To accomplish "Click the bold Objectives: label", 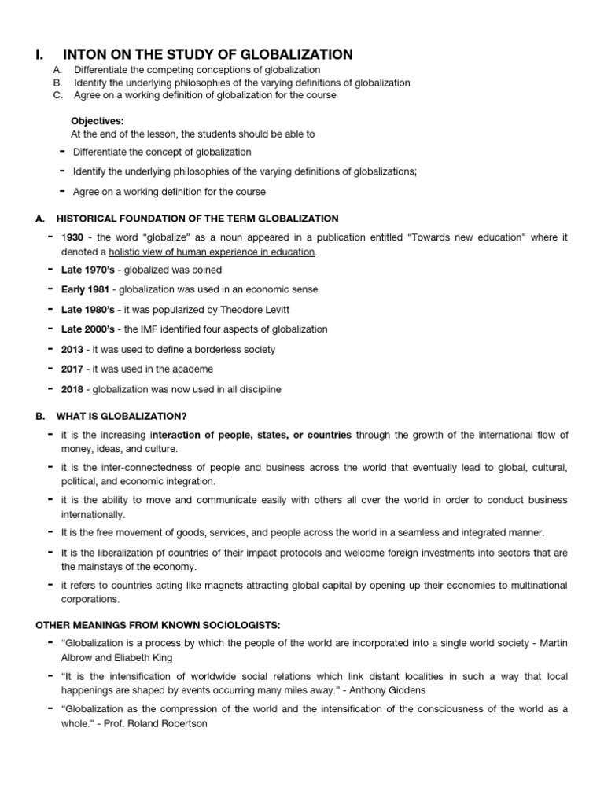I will (x=98, y=121).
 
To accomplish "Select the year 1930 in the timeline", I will (x=73, y=237).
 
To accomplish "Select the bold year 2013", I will (x=73, y=349).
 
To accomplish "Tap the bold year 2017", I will (x=73, y=369).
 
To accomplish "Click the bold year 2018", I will (x=73, y=389).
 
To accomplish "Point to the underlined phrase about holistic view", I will (x=212, y=252).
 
